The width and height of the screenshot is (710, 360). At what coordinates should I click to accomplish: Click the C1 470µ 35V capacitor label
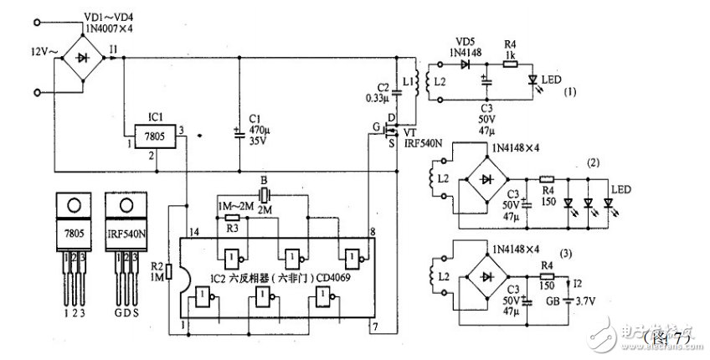click(x=257, y=131)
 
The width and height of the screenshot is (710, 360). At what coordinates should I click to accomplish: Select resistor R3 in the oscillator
click(x=233, y=216)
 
